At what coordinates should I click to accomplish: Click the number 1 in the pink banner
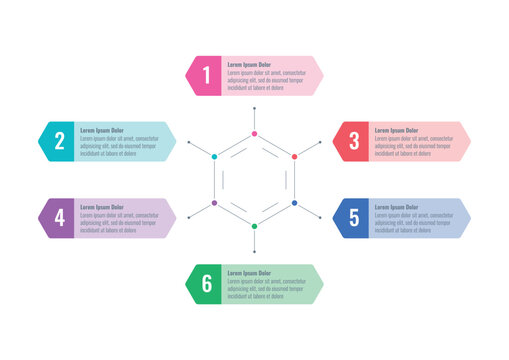point(207,75)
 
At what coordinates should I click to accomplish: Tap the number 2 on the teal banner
point(60,141)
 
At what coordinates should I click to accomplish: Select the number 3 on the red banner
point(354,141)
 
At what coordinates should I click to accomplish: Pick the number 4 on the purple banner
point(60,217)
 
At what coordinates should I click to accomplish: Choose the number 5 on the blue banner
point(354,217)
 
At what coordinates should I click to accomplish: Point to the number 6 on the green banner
point(207,283)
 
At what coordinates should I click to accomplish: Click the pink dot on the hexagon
point(255,133)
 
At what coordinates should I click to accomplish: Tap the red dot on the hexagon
point(295,157)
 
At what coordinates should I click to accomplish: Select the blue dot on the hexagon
point(295,203)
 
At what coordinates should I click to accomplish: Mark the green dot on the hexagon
point(255,227)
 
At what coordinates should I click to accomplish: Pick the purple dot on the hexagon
point(214,203)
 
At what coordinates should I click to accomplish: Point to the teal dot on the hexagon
point(214,157)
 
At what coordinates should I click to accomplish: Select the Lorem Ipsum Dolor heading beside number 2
point(102,130)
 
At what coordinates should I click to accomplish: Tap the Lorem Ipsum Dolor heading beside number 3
point(396,130)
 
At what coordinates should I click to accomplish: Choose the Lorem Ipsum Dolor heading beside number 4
point(102,207)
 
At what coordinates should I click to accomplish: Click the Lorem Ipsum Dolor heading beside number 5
point(396,207)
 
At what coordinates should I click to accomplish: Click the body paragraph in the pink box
point(266,80)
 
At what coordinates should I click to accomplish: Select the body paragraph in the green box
point(266,289)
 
